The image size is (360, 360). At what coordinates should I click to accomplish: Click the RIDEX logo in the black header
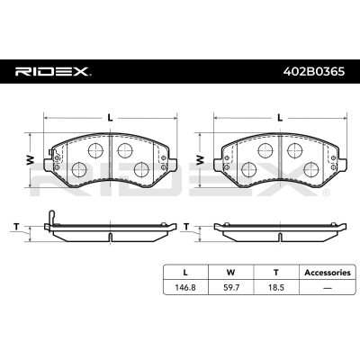pyautogui.click(x=53, y=72)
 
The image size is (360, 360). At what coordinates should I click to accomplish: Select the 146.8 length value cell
pyautogui.click(x=185, y=287)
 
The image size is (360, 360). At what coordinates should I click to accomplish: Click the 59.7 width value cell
pyautogui.click(x=230, y=287)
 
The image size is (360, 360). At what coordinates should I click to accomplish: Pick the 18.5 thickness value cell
pyautogui.click(x=276, y=287)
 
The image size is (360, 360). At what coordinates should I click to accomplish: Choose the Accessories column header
pyautogui.click(x=328, y=273)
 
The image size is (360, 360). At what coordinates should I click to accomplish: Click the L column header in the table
pyautogui.click(x=185, y=273)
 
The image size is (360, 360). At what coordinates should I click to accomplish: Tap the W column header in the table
pyautogui.click(x=230, y=273)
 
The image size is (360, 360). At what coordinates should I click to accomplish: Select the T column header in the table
pyautogui.click(x=276, y=273)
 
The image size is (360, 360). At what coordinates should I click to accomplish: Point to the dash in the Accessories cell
pyautogui.click(x=328, y=288)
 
